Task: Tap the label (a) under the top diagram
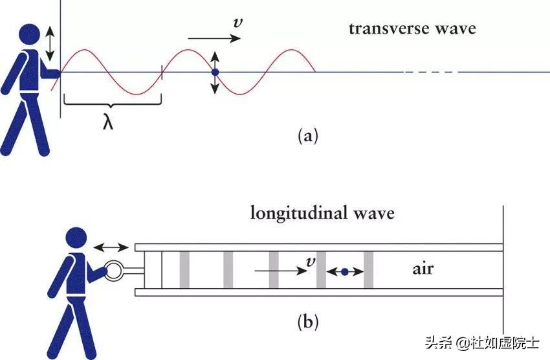[x=307, y=136]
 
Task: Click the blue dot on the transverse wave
[x=215, y=71]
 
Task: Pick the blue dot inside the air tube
[x=344, y=272]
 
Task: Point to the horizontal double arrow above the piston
[x=111, y=247]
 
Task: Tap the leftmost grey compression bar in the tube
[x=184, y=269]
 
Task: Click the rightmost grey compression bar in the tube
[x=369, y=269]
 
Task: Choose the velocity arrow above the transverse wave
[x=215, y=39]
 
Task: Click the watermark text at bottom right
[x=481, y=342]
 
